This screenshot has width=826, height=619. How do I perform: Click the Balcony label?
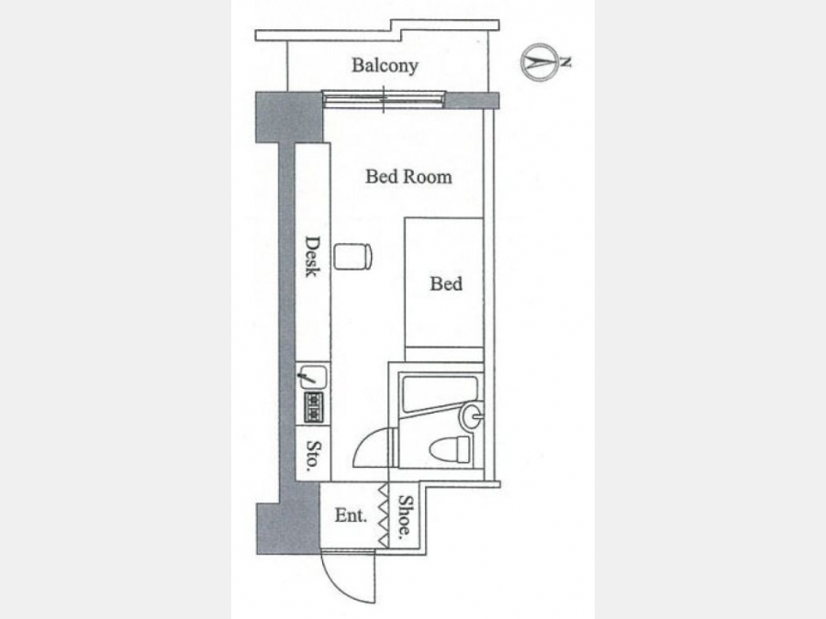pyautogui.click(x=385, y=65)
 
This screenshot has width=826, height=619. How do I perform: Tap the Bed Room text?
pyautogui.click(x=408, y=176)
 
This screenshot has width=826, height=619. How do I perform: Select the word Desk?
pyautogui.click(x=312, y=257)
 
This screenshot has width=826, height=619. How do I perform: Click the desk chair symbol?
pyautogui.click(x=353, y=257)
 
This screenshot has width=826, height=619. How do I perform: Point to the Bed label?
pyautogui.click(x=446, y=283)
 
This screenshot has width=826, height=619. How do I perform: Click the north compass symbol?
pyautogui.click(x=540, y=62)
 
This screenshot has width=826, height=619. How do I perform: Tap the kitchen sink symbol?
pyautogui.click(x=313, y=377)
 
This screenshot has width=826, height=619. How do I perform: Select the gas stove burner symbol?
pyautogui.click(x=313, y=407)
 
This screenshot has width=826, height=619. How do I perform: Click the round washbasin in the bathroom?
pyautogui.click(x=472, y=416)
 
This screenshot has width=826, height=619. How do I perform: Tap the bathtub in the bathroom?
pyautogui.click(x=440, y=393)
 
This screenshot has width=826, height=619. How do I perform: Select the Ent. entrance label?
pyautogui.click(x=351, y=515)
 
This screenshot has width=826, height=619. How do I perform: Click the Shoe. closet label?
pyautogui.click(x=405, y=515)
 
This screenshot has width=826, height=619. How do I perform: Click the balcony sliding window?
pyautogui.click(x=384, y=99)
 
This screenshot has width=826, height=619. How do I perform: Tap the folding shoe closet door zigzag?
pyautogui.click(x=384, y=515)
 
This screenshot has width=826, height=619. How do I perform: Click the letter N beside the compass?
pyautogui.click(x=566, y=62)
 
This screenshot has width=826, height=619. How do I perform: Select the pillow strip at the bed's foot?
pyautogui.click(x=444, y=354)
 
